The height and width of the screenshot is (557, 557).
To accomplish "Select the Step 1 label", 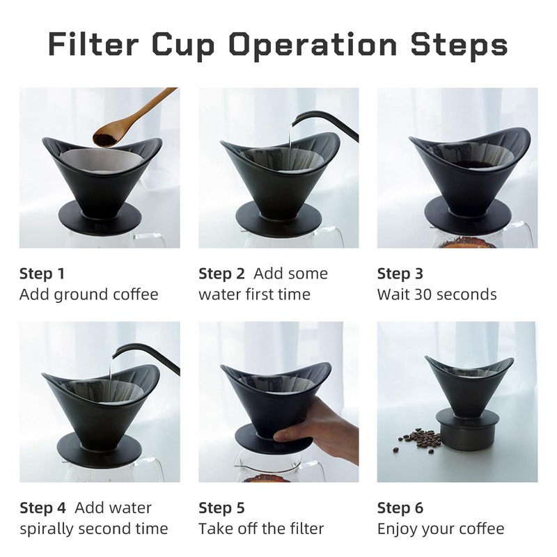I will (x=42, y=274).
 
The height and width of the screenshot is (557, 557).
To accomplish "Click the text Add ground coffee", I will (x=88, y=295).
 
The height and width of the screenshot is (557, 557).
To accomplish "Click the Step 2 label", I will (x=221, y=274).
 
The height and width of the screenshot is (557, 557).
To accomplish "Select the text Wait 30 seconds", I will (x=437, y=295).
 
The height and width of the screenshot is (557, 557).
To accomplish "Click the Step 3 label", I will (x=400, y=274).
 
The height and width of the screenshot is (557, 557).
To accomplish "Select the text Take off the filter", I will (x=261, y=529).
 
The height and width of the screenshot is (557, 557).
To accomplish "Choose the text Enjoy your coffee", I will (x=440, y=529).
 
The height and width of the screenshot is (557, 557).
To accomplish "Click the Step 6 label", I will (x=400, y=508).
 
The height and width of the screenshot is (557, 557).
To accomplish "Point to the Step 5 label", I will (x=221, y=508).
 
